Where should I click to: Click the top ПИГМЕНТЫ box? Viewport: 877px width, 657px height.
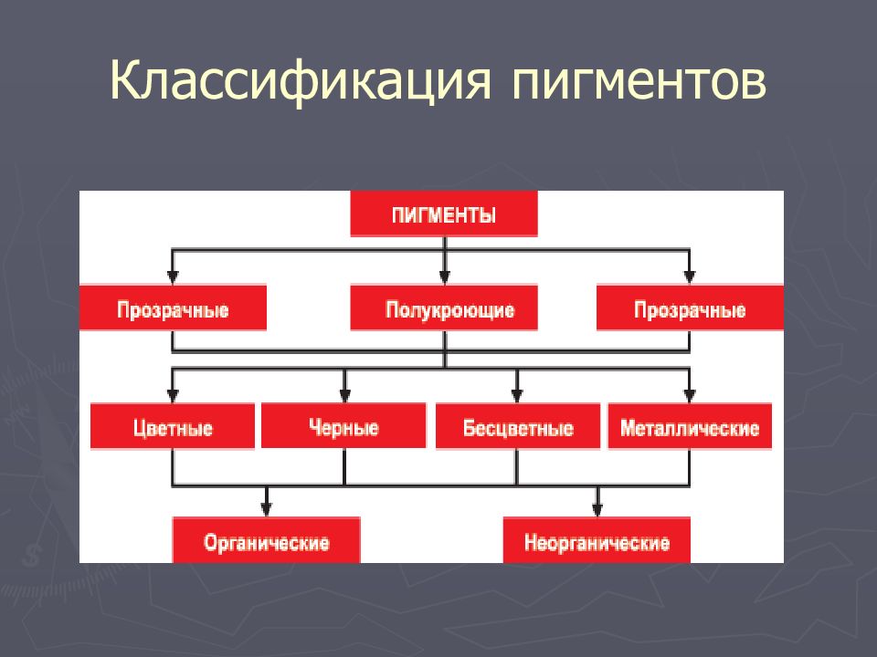(444, 215)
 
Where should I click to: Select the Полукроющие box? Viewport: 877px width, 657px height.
(444, 309)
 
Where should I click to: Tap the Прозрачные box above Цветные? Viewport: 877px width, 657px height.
(173, 309)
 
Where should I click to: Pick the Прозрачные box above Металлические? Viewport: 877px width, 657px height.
(690, 309)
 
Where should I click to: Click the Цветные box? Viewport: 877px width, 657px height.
(173, 427)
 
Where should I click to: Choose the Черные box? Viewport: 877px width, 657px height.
(344, 427)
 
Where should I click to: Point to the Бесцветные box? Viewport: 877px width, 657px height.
(517, 427)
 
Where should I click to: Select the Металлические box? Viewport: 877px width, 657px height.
(690, 427)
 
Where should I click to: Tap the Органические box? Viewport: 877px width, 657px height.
(267, 542)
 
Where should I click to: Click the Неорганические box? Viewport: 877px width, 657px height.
(597, 542)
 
